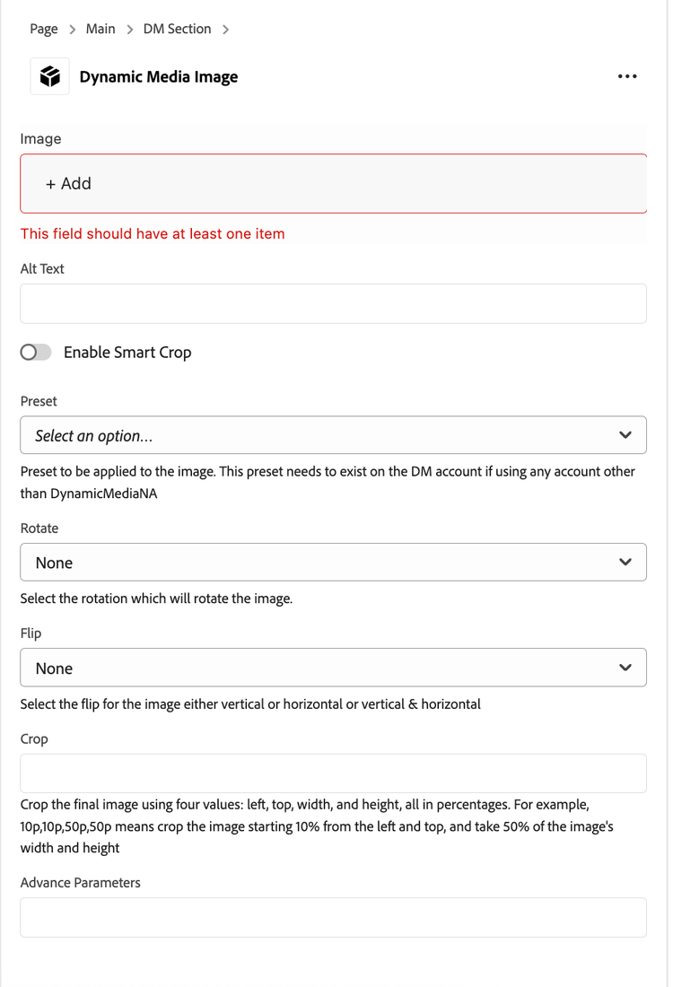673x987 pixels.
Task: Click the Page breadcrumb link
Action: point(43,29)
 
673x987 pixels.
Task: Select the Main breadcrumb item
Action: point(101,29)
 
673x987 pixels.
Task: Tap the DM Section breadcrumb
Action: point(177,29)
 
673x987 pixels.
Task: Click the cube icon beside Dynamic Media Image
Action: point(49,77)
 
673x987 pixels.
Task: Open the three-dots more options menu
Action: point(627,77)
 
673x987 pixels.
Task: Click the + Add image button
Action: point(69,184)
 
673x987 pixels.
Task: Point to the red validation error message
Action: point(153,234)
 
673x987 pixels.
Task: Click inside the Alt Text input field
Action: point(333,304)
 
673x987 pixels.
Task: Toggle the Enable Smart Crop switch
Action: point(36,353)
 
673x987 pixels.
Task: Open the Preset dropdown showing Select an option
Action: point(333,435)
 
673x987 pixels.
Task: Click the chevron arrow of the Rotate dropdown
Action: point(625,563)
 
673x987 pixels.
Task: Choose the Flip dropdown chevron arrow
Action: point(625,668)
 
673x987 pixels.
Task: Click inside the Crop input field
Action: point(333,773)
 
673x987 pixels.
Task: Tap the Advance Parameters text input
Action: point(333,918)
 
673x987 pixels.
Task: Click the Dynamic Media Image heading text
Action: point(159,77)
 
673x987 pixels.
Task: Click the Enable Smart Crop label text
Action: point(127,353)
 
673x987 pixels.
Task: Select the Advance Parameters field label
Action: point(81,883)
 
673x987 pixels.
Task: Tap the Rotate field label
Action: point(39,528)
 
